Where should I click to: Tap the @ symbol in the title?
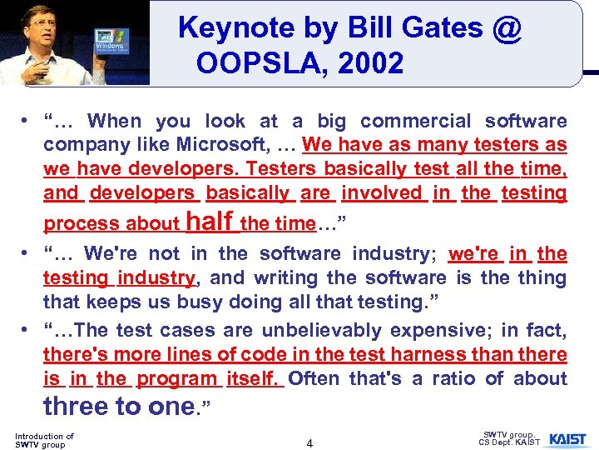[x=506, y=28]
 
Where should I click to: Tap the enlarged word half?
[x=210, y=222]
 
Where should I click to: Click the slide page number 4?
[x=309, y=443]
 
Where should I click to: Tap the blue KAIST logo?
[x=567, y=439]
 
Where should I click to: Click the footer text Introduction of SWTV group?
[x=44, y=440]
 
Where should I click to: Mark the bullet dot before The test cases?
[x=27, y=332]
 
